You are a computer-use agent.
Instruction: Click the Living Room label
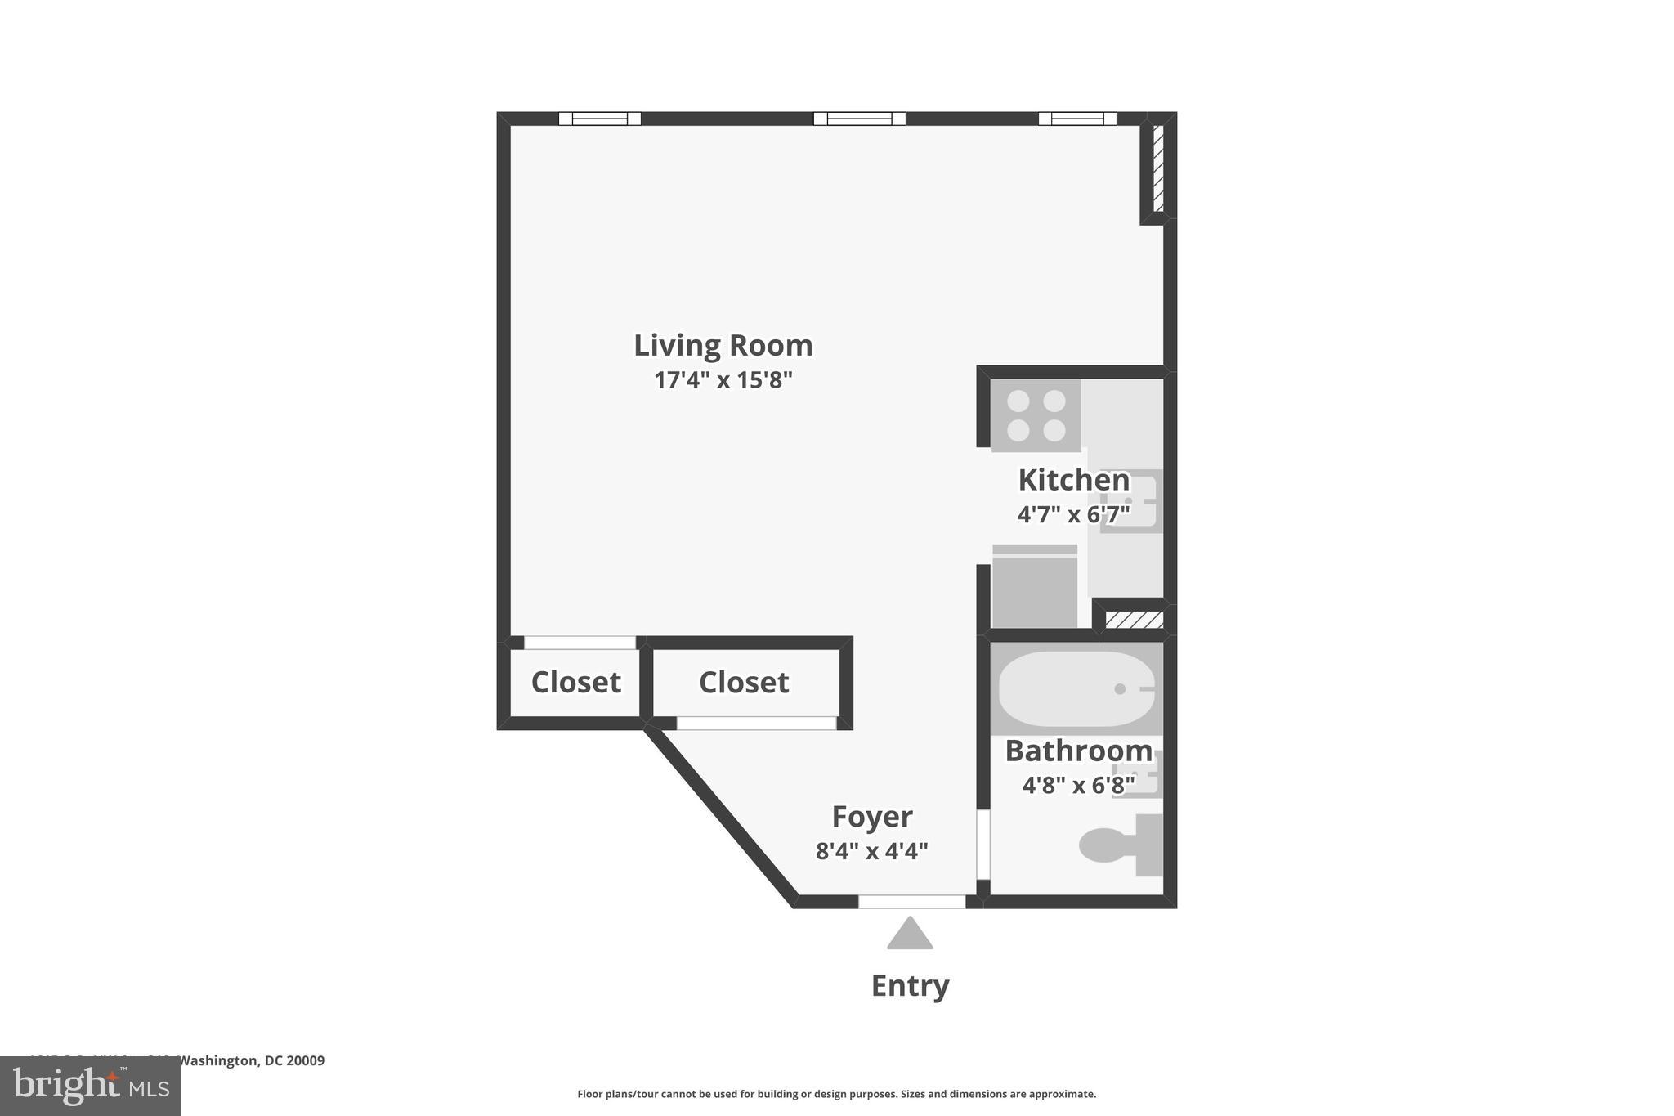723,346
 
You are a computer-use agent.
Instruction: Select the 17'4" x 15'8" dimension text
723,380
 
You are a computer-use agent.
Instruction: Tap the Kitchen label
1073,480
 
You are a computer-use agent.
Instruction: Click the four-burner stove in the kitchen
1036,415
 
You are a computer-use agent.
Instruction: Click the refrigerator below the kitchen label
1035,587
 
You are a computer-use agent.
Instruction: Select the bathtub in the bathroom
1076,688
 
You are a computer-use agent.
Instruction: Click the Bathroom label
1078,751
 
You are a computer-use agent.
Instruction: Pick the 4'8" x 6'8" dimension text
1078,786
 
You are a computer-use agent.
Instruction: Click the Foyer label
871,817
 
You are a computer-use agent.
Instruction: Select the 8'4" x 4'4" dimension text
871,852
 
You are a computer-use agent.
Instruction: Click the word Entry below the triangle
910,986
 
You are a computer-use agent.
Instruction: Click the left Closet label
575,682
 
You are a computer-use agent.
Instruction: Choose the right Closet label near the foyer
744,682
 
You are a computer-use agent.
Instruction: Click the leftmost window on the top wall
599,119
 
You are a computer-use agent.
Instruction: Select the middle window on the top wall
859,119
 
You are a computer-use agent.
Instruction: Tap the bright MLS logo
90,1086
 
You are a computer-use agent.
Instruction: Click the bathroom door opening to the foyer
983,844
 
